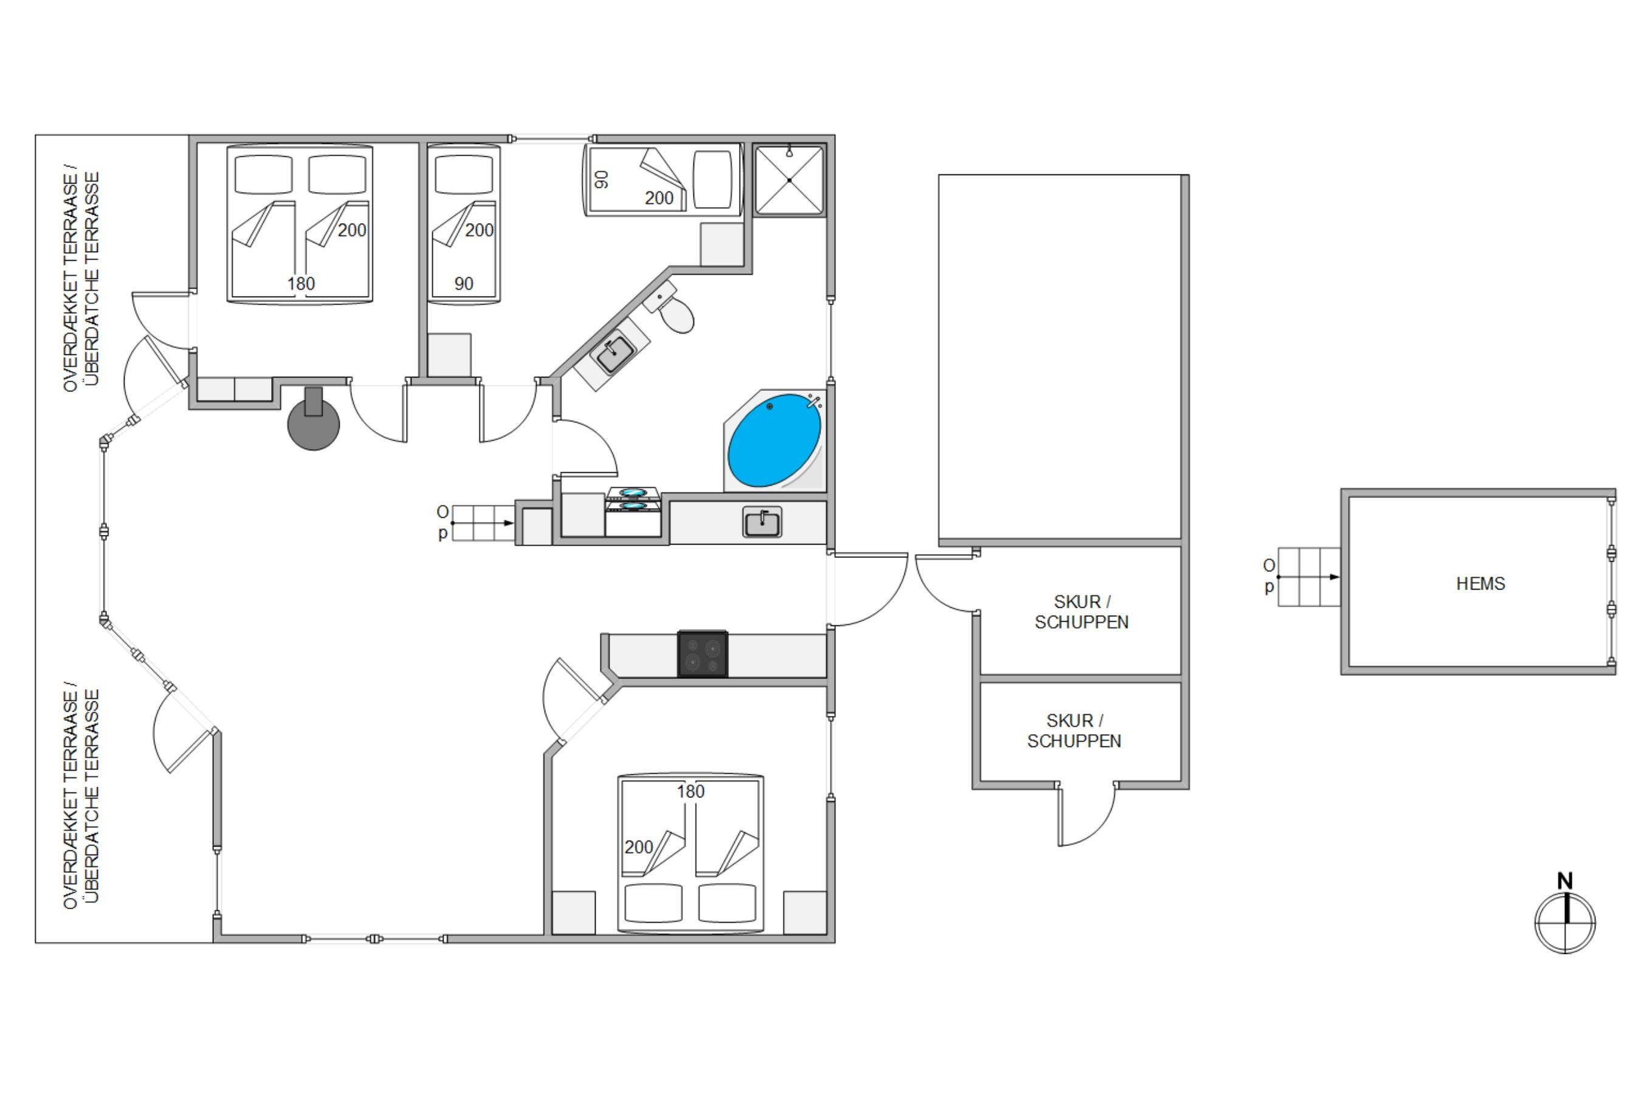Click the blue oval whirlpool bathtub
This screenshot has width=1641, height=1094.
[774, 440]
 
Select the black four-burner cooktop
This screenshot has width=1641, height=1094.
[703, 654]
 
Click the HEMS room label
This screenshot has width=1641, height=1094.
[1481, 583]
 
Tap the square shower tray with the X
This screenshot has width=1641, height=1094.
[789, 180]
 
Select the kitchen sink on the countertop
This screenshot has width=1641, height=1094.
[762, 523]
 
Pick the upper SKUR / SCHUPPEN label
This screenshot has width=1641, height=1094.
[1081, 612]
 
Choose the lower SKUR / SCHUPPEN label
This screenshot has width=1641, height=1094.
[1074, 731]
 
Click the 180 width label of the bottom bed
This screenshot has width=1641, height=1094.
[690, 791]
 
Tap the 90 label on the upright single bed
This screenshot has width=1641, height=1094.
[463, 284]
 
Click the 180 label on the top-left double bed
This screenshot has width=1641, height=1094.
[301, 283]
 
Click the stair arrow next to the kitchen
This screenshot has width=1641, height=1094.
[483, 523]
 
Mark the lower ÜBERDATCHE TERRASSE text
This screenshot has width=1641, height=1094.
[91, 796]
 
